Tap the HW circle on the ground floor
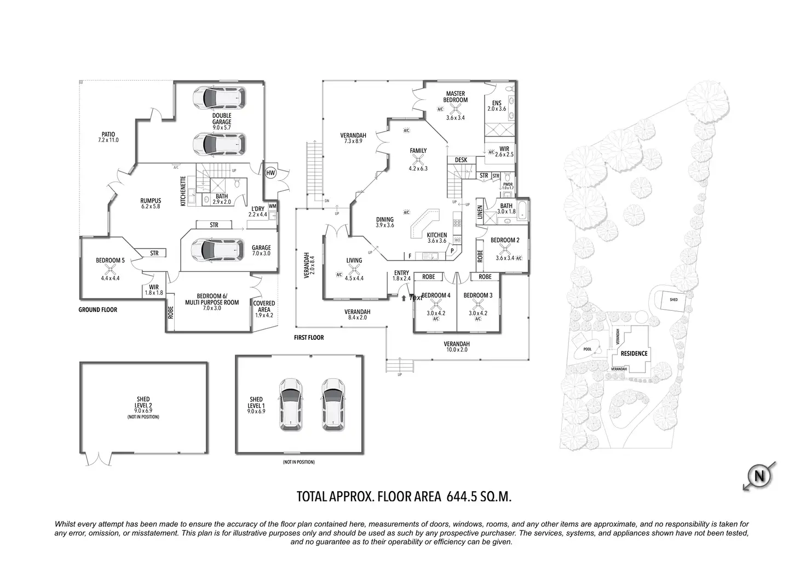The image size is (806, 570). (270, 173)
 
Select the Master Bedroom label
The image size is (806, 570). (456, 97)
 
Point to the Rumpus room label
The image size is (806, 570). (151, 201)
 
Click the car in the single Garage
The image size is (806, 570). (217, 250)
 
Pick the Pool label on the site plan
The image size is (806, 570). (588, 349)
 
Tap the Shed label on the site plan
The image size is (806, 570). (673, 300)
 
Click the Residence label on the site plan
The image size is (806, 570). (634, 354)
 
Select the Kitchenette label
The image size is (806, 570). (183, 191)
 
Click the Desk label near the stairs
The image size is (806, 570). (461, 160)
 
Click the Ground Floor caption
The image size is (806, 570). (97, 310)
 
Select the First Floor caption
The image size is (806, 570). (308, 338)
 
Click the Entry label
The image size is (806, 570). (401, 273)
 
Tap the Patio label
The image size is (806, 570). (107, 134)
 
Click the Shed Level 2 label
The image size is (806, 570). (143, 403)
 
